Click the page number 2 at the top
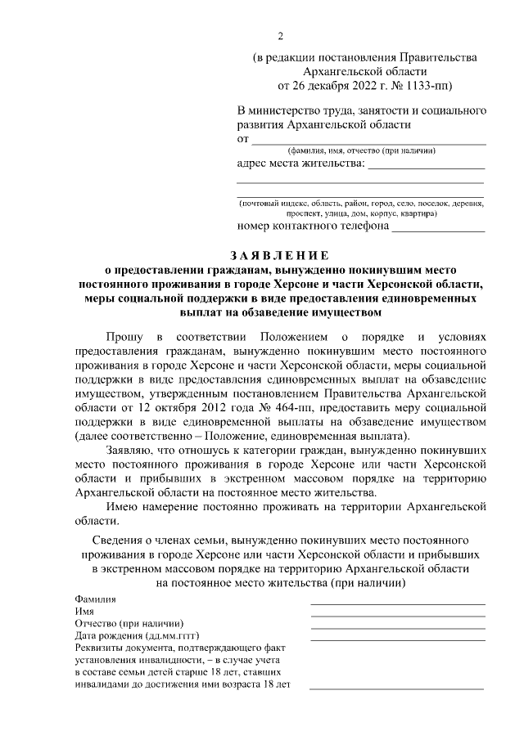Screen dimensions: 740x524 (280, 36)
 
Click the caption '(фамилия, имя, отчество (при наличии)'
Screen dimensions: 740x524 (361, 151)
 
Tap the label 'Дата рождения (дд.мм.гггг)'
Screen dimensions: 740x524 (137, 635)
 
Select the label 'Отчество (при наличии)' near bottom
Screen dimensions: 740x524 (129, 623)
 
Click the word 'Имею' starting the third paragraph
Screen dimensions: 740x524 (122, 506)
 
